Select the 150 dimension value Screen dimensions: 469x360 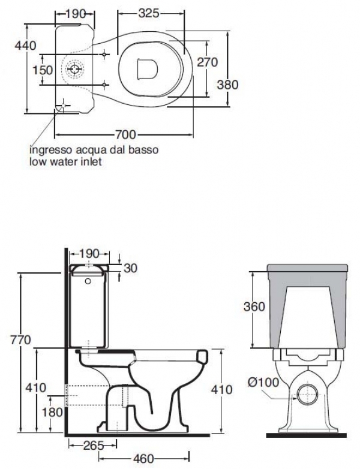(43, 70)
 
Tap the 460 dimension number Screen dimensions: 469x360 (143, 459)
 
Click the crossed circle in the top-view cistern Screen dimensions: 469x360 (75, 70)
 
